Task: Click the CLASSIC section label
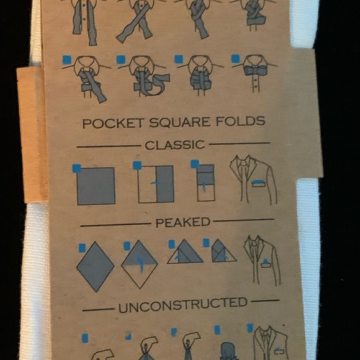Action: (174, 145)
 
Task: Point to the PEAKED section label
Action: (182, 222)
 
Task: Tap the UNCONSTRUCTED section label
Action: (182, 304)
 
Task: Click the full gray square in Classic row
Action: (96, 186)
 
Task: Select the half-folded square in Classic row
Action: (156, 184)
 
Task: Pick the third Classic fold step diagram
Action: (205, 183)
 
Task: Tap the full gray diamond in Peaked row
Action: (95, 266)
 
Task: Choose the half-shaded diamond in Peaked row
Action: (140, 264)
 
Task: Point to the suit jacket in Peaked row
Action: (263, 259)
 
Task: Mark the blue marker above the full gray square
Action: (76, 168)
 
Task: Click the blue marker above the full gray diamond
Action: (82, 248)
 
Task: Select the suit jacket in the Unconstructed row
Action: (271, 343)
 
